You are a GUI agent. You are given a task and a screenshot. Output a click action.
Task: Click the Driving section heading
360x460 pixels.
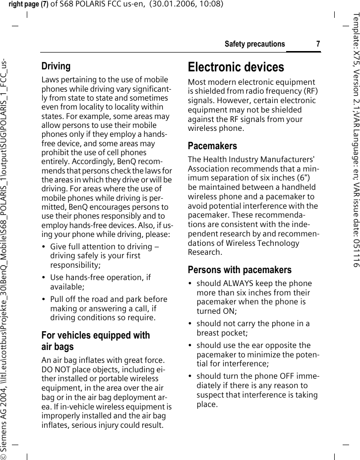[56, 66]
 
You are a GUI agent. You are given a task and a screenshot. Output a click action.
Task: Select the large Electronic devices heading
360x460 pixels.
[236, 67]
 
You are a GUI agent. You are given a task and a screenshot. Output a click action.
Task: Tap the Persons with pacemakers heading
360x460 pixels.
[240, 270]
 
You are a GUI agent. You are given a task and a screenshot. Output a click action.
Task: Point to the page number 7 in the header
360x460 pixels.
[318, 44]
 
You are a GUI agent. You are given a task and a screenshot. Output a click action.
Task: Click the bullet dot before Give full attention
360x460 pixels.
[45, 247]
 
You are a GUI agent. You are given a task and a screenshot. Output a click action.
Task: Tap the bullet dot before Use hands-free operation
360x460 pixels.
[45, 278]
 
